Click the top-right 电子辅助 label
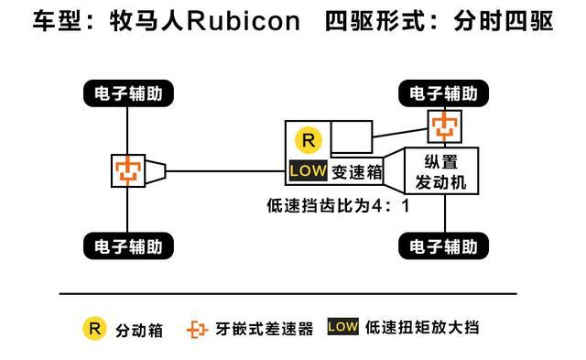444,93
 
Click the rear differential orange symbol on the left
125,169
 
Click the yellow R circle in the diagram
308,140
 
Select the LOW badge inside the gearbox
306,170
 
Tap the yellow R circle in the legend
94,327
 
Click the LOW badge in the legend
342,327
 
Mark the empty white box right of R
350,137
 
